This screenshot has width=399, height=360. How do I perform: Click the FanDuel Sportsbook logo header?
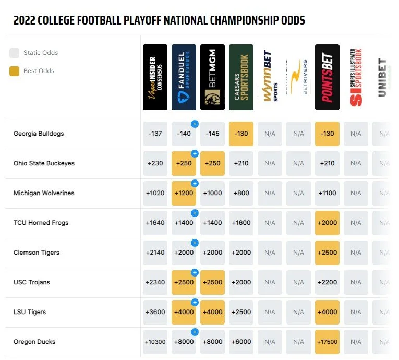(x=184, y=77)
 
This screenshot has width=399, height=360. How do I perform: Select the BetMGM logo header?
(x=212, y=77)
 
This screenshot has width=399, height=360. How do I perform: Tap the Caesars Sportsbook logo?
(x=241, y=77)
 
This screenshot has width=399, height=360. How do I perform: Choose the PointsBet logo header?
(x=327, y=77)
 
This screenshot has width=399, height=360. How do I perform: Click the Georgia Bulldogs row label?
(x=39, y=134)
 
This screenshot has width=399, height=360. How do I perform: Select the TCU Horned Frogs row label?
(x=41, y=223)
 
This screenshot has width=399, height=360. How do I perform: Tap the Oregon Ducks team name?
(x=34, y=342)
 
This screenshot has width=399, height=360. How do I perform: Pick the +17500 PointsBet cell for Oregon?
(x=327, y=342)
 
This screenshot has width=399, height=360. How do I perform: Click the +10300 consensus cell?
(x=155, y=342)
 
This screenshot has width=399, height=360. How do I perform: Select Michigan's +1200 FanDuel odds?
(x=184, y=193)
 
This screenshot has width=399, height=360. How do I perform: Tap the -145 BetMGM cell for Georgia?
(x=212, y=134)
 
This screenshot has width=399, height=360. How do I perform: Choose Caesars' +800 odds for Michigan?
(x=241, y=193)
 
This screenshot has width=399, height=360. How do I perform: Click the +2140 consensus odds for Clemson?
(x=155, y=253)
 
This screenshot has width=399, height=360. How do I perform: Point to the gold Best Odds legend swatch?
(x=15, y=71)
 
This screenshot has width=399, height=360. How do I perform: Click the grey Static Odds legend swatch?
(x=15, y=53)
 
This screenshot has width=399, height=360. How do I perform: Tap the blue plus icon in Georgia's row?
(x=195, y=124)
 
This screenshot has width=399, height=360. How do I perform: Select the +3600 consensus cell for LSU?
(x=155, y=312)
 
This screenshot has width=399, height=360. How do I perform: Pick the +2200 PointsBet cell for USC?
(x=327, y=282)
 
